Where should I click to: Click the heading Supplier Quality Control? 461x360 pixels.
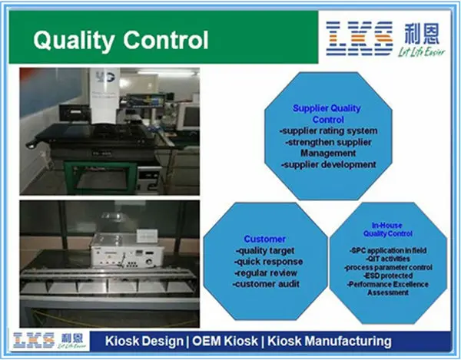coord(327,114)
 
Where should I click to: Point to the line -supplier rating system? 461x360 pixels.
coord(327,131)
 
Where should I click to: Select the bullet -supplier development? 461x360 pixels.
coord(327,164)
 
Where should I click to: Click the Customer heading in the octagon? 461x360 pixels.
coord(264,239)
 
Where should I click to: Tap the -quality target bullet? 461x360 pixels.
coord(266,250)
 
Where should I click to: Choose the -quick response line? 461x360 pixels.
coord(267,262)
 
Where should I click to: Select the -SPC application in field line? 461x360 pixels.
coord(386,251)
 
